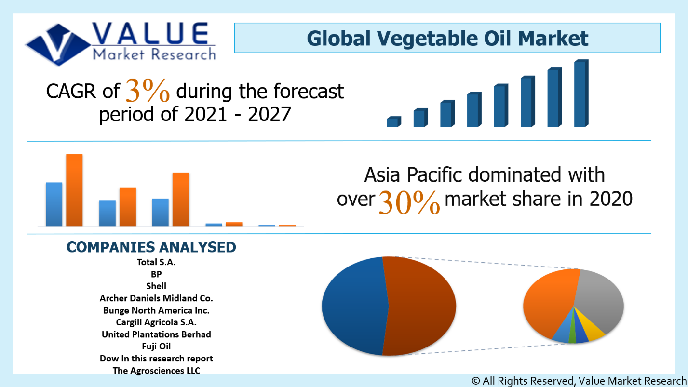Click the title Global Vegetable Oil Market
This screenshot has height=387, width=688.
tap(447, 38)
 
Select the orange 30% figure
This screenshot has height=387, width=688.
tap(409, 201)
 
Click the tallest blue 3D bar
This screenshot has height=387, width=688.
tap(580, 94)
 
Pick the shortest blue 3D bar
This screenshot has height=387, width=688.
tap(393, 122)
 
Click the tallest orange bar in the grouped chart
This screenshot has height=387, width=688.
tap(74, 190)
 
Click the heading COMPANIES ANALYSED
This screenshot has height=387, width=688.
tap(151, 247)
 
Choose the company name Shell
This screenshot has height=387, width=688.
tap(156, 286)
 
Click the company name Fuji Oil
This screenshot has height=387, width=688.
tap(156, 346)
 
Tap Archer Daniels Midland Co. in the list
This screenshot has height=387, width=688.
tap(156, 298)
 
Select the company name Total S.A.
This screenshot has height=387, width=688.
tap(156, 262)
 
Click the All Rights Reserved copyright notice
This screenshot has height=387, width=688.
tap(579, 381)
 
